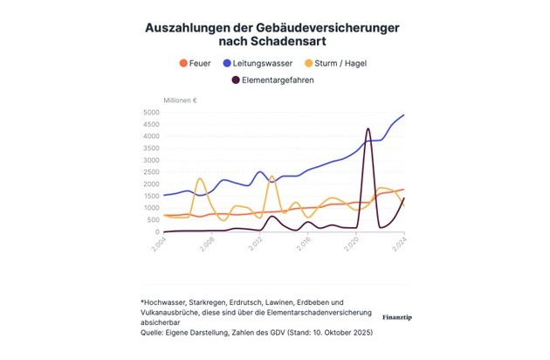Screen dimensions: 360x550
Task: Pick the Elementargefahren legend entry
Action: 280,80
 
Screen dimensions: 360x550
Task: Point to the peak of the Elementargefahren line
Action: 368,129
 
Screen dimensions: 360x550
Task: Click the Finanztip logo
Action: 397,309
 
